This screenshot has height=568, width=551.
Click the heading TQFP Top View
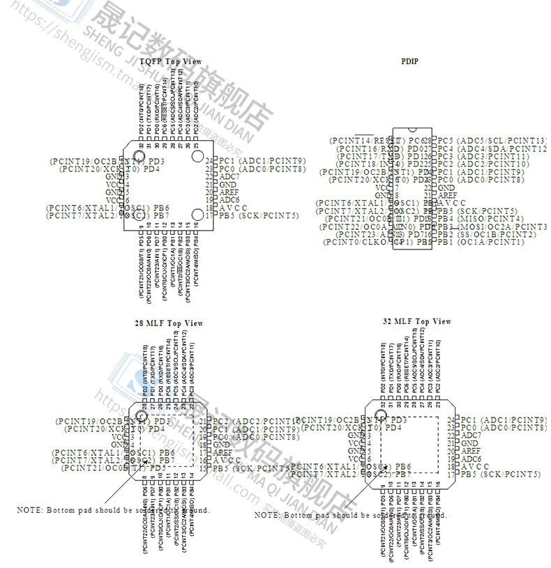pos(170,61)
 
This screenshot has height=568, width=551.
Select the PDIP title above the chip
pos(409,61)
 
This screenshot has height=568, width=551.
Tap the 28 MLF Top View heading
pos(169,323)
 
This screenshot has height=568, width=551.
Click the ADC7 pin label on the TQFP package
pos(229,176)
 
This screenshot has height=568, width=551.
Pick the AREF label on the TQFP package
pos(229,192)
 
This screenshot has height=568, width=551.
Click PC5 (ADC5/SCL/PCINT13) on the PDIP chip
pos(492,141)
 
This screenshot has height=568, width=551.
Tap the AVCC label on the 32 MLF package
pos(471,466)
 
